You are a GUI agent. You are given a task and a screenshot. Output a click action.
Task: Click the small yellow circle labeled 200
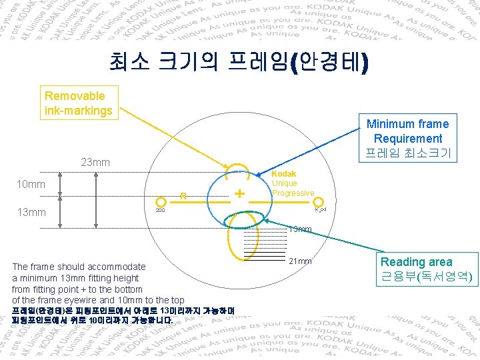(160, 201)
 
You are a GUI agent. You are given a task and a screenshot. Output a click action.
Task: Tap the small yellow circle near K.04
(319, 201)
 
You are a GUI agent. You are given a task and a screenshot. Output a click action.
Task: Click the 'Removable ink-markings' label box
(79, 103)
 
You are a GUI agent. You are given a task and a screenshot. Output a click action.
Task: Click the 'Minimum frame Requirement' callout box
(407, 138)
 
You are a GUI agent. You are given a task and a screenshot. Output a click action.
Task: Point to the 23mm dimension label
(95, 163)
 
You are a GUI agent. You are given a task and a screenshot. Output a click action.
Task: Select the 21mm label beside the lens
(300, 261)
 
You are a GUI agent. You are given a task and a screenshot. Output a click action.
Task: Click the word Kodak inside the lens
(284, 174)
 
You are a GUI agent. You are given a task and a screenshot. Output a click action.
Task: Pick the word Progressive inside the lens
(293, 193)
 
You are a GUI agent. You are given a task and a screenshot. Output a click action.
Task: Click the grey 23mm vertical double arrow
(97, 201)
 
